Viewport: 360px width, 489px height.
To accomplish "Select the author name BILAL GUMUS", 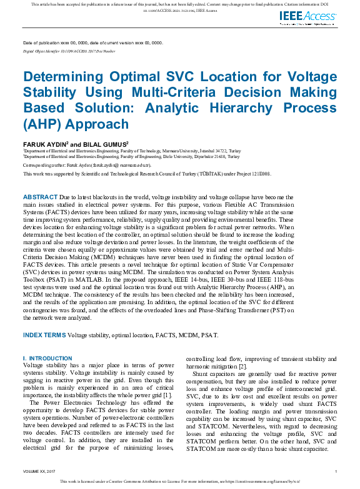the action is (107, 144).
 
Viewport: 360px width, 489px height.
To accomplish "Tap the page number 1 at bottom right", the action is (336, 472).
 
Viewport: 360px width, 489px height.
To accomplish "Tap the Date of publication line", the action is (92, 42).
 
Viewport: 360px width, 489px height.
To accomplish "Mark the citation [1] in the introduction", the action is (167, 395).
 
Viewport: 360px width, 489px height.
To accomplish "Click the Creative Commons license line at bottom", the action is (180, 482).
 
